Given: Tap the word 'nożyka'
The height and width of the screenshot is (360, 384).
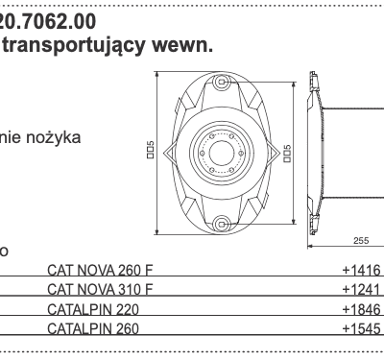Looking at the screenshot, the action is pos(59,137).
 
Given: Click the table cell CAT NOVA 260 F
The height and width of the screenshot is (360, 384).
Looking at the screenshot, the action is pos(100,272).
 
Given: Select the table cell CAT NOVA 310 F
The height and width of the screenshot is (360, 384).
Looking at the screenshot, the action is pos(100,291).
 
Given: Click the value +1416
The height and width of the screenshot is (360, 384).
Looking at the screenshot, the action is pos(361,272).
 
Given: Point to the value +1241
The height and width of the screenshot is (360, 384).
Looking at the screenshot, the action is pos(361,291).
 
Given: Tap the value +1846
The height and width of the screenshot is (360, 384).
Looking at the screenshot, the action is pos(361,310).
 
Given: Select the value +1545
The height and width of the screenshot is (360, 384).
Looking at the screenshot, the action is pos(361,329).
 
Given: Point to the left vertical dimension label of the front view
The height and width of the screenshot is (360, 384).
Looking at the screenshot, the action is pos(151,153).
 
